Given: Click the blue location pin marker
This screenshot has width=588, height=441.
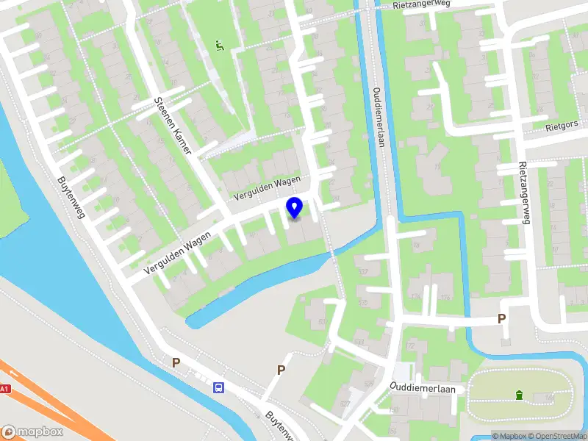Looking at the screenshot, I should point(294,207).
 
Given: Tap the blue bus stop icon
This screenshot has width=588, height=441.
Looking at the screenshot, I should point(219,387).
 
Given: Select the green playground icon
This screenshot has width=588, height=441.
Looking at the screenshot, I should point(219,46).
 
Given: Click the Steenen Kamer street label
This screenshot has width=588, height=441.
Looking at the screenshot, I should point(173,126).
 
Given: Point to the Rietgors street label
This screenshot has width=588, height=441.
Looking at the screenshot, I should point(562,126).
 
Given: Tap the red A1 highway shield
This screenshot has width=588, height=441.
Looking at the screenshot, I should point(4,390).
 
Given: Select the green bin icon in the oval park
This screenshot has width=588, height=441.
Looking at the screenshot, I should point(520,395).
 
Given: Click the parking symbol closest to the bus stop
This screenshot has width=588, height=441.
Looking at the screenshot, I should point(176,362).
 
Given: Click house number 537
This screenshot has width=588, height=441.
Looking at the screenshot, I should point(362,273).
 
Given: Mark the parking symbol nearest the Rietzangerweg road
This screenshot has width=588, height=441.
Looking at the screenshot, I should point(502,319).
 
